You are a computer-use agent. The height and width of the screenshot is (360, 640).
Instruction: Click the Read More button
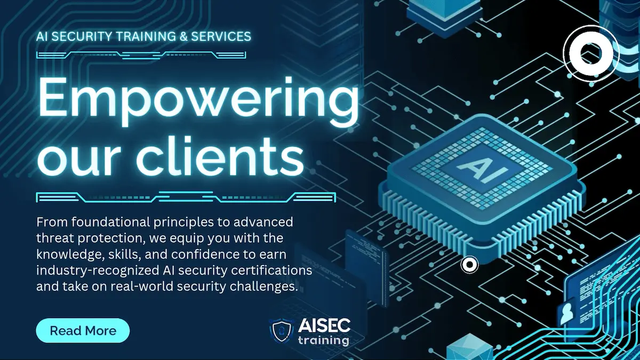(83, 331)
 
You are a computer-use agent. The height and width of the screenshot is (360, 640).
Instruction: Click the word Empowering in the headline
(198, 101)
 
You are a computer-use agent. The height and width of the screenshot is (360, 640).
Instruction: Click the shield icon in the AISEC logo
(281, 331)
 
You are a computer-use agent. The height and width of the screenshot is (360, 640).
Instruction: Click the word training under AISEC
(324, 340)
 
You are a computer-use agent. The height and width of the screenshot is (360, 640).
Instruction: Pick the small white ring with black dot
(469, 263)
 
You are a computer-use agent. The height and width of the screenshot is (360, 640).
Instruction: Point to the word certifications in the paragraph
(274, 271)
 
